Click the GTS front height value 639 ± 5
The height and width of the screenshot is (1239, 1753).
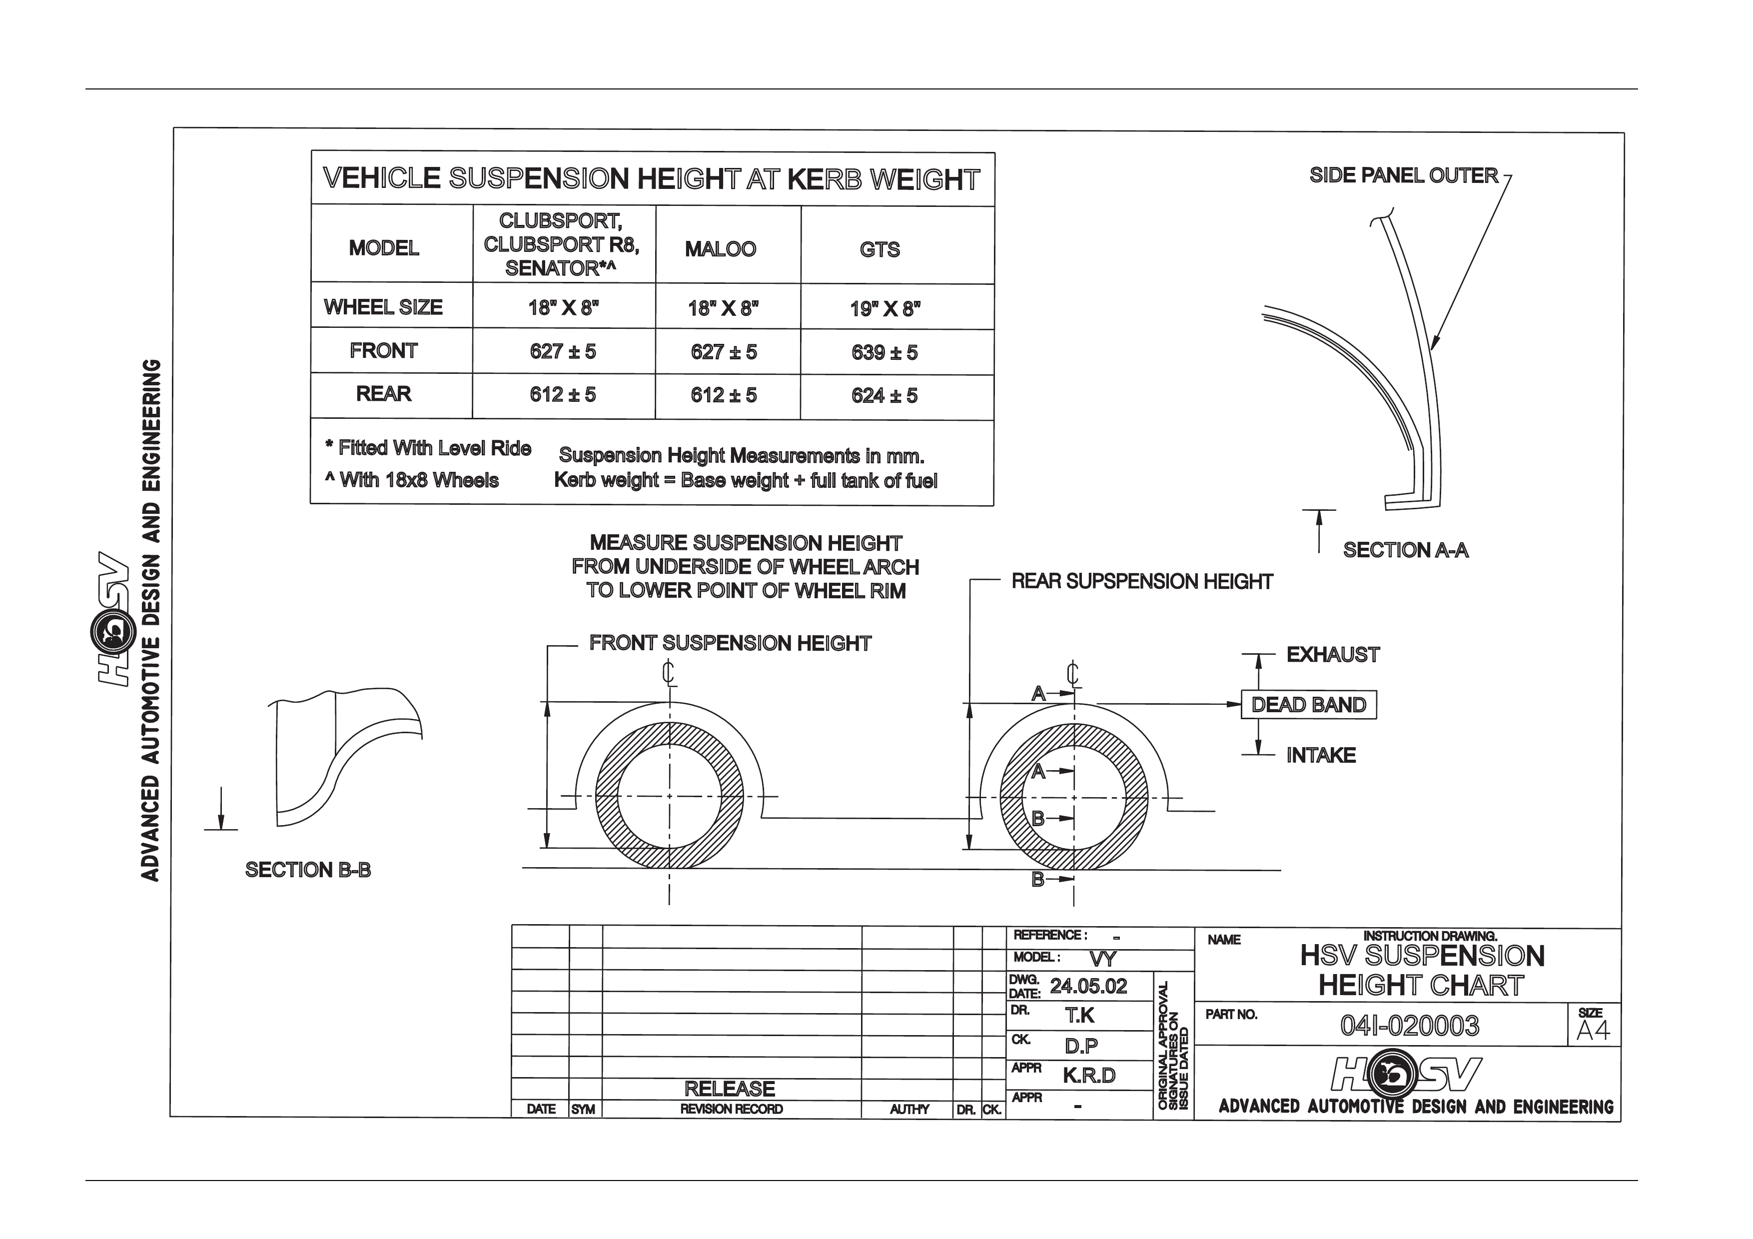884,353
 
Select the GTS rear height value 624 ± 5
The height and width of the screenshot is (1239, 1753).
884,395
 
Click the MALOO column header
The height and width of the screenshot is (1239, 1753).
720,249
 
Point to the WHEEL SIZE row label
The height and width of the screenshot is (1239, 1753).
383,307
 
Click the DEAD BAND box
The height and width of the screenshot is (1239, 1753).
1309,705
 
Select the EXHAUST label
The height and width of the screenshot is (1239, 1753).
1333,655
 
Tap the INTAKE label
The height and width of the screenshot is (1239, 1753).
1321,756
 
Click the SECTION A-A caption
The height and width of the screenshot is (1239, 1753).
1406,550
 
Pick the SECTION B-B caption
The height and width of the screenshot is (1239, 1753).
308,870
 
